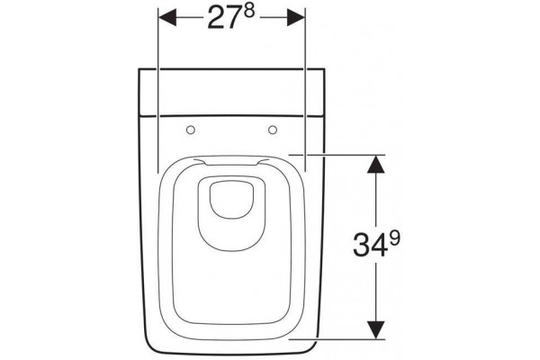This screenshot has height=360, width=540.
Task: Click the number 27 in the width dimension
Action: pyautogui.click(x=223, y=19)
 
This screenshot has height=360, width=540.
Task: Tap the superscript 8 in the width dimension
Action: pyautogui.click(x=249, y=12)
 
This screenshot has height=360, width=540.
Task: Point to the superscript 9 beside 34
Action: pyautogui.click(x=395, y=238)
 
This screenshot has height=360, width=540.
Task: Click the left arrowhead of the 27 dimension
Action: pyautogui.click(x=167, y=17)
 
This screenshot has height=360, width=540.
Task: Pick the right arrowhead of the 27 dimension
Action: pyautogui.click(x=296, y=17)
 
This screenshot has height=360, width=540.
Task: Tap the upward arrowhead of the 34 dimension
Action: pyautogui.click(x=375, y=165)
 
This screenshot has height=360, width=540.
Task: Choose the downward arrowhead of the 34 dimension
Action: pyautogui.click(x=375, y=330)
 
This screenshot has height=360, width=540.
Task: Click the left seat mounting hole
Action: pyautogui.click(x=191, y=130)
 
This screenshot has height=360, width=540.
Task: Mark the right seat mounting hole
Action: pyautogui.click(x=273, y=130)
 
